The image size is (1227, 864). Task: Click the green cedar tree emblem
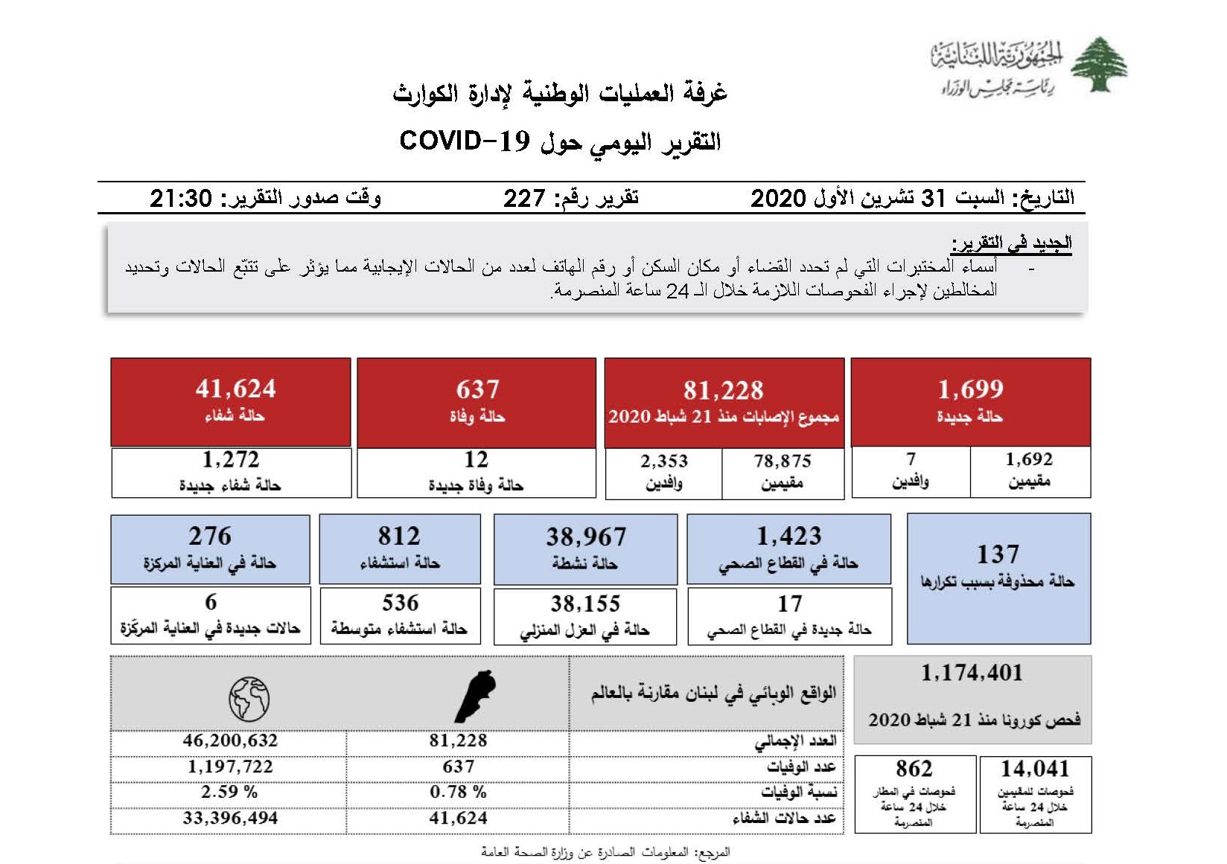(1098, 65)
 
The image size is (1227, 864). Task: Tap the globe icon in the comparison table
(249, 698)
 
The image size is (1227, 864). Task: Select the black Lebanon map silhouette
(475, 696)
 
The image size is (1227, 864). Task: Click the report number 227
(524, 198)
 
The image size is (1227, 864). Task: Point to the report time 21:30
(181, 198)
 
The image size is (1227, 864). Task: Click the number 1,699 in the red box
(970, 389)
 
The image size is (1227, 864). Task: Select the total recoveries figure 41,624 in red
(235, 388)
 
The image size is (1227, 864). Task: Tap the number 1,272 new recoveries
(231, 460)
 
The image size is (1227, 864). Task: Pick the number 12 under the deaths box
(477, 460)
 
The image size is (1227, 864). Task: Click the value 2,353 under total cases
(664, 461)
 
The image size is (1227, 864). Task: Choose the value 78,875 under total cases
(783, 461)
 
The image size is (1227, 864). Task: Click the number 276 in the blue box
(210, 536)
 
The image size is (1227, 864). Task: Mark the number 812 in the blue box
(399, 536)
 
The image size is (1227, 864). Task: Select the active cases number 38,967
(586, 537)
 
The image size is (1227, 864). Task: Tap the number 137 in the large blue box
(998, 554)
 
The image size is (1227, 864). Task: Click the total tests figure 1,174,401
(972, 673)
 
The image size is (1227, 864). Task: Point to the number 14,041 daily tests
(1035, 769)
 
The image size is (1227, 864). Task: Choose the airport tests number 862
(914, 769)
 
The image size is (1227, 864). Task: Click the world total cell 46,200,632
(230, 740)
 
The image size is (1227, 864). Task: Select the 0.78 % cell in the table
(458, 792)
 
